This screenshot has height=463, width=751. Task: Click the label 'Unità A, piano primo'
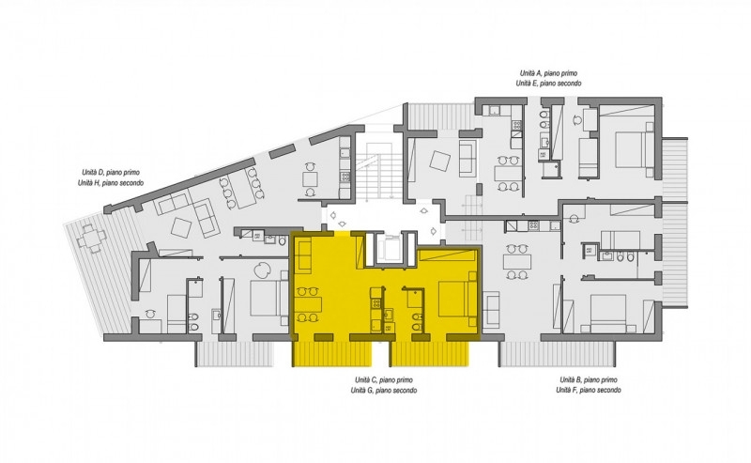click(548, 73)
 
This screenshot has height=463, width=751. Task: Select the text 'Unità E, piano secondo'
click(548, 84)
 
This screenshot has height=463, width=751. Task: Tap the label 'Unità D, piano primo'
click(111, 173)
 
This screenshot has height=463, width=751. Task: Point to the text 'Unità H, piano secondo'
click(111, 183)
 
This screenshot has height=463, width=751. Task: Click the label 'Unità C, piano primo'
click(384, 380)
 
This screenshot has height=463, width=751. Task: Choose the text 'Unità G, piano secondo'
click(384, 391)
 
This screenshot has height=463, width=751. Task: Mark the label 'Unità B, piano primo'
click(589, 380)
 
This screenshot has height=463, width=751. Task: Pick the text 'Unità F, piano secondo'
click(589, 391)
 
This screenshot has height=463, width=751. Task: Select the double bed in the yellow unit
click(457, 299)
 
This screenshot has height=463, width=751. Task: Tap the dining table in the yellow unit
click(307, 304)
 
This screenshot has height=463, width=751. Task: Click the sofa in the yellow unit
click(304, 256)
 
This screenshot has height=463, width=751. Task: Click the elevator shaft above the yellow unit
click(388, 248)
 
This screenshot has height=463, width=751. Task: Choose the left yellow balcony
click(332, 353)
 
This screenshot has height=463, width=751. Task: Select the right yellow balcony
click(430, 353)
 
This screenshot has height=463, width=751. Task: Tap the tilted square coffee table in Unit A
click(439, 161)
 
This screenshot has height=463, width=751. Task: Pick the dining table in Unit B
click(517, 262)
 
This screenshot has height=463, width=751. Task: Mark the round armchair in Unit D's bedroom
click(263, 270)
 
